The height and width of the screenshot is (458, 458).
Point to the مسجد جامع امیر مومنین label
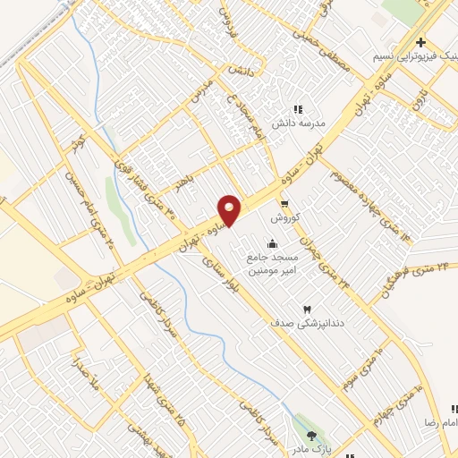[x=272, y=263]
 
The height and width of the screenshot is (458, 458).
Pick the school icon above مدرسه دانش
[x=298, y=109]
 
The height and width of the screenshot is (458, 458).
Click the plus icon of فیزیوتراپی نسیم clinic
[x=420, y=43]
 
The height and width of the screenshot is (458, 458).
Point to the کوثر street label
[x=79, y=141]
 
